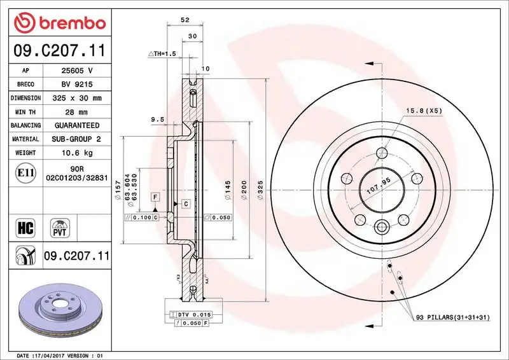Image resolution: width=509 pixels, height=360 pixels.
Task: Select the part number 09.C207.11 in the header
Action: pos(59,50)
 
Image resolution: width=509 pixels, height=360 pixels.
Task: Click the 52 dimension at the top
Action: pos(185,20)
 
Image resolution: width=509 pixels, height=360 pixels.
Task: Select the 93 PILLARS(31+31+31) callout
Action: pos(451,317)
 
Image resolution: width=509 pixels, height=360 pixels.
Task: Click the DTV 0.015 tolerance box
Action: pos(193,315)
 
